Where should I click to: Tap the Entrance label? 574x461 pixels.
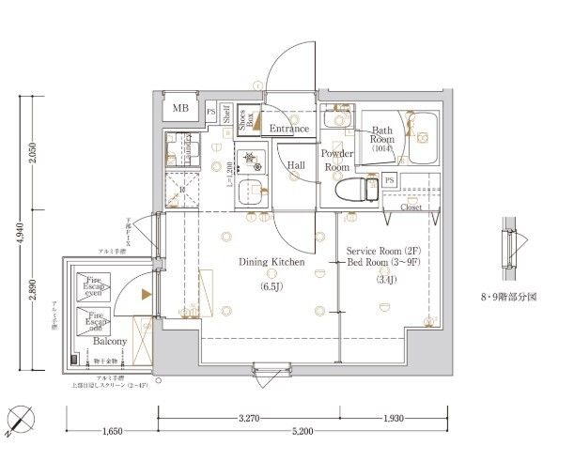289,128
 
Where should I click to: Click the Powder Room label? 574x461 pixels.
336,160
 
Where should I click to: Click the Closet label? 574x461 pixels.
411,207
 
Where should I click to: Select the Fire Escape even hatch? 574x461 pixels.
94,285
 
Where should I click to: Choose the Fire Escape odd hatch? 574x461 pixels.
94,321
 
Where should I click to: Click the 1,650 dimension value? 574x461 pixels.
111,433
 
